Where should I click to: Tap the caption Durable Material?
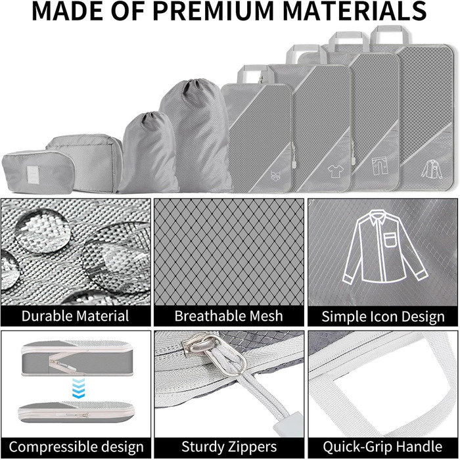(x=75, y=316)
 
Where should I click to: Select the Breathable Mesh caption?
(x=229, y=316)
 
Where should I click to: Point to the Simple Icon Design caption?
(x=383, y=317)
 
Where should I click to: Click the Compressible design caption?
(x=76, y=447)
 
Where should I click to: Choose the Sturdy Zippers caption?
(x=229, y=447)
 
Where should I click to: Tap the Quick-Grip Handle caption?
(x=382, y=447)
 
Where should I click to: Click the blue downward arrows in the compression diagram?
(x=78, y=388)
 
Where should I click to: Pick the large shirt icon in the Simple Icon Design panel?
(x=384, y=246)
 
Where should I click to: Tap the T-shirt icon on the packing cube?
(x=335, y=171)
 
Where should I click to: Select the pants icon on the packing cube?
(x=380, y=166)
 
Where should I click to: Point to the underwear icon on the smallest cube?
(x=275, y=175)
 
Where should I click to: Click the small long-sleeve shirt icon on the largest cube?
(x=432, y=169)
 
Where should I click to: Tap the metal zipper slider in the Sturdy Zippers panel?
(x=205, y=346)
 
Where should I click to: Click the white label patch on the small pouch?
(x=33, y=174)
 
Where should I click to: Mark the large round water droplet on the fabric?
(x=43, y=231)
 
